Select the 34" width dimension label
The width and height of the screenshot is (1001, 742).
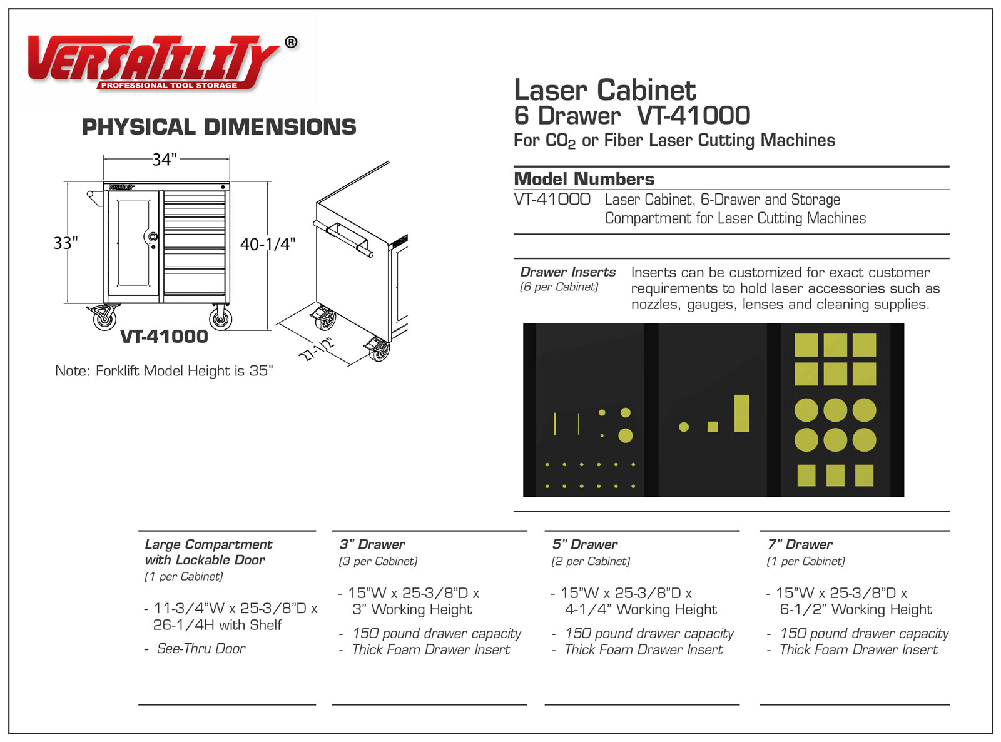point(165,160)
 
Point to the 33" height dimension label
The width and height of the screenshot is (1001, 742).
point(66,243)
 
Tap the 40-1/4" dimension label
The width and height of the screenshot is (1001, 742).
point(268,244)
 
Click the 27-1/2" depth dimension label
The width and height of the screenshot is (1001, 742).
point(318,349)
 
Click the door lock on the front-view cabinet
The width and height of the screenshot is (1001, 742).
point(152,236)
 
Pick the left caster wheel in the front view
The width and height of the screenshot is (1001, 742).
point(104,318)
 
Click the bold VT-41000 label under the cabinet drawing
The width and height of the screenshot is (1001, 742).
point(164,337)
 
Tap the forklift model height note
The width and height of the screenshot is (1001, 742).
point(164,371)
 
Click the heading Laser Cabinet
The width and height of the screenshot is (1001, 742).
point(604,91)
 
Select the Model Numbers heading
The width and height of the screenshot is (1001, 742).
point(584,179)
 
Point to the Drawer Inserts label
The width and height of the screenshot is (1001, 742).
point(567,272)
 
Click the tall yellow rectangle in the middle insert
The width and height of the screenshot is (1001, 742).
point(742,413)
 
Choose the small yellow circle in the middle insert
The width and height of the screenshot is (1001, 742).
point(684,427)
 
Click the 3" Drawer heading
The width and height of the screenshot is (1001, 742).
point(372,544)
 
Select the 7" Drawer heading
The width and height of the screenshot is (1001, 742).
point(800,544)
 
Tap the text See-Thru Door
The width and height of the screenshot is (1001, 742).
point(201,649)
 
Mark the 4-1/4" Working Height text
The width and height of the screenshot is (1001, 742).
point(641,609)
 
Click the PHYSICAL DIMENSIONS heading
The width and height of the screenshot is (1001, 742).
point(219,127)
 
